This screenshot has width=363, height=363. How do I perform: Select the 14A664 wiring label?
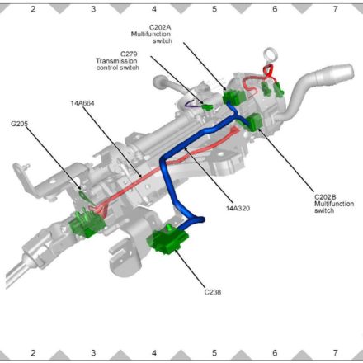[82, 103]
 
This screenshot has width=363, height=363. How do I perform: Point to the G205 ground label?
[19, 124]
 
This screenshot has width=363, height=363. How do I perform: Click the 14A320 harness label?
[238, 208]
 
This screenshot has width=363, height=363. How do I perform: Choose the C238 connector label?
[213, 292]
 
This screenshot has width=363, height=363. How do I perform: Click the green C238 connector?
[167, 240]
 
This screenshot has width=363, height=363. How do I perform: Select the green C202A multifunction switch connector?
[233, 97]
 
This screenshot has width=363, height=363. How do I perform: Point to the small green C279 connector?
[207, 107]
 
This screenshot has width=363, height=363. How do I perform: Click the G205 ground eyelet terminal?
[82, 195]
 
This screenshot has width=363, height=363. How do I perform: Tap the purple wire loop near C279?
[191, 104]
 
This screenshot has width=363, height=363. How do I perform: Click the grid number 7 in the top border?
[335, 9]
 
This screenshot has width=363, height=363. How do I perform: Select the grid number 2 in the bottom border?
[33, 353]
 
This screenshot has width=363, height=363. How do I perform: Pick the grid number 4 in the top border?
[154, 9]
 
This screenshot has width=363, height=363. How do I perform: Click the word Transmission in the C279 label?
[116, 61]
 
